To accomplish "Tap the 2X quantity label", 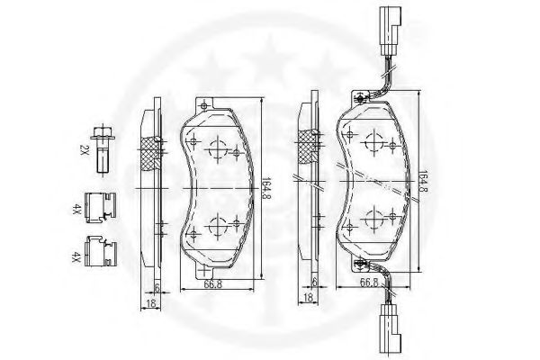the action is [x=84, y=149].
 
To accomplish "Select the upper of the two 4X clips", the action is [x=101, y=207].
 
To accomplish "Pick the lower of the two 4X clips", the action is [x=101, y=251].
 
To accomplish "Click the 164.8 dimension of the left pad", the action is [x=265, y=189].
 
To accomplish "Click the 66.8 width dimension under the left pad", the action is [x=212, y=284].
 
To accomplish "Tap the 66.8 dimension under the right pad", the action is [x=369, y=282].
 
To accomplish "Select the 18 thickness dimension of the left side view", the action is [x=151, y=303].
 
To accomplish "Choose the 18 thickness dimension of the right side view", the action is [x=308, y=297].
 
